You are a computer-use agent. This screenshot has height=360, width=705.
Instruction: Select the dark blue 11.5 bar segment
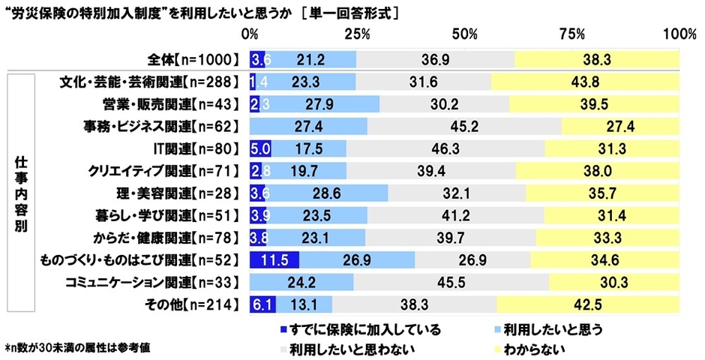click(x=274, y=260)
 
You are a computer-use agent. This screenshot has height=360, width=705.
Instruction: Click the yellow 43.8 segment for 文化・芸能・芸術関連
click(x=586, y=82)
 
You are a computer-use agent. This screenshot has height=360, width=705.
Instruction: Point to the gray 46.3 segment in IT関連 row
click(x=445, y=148)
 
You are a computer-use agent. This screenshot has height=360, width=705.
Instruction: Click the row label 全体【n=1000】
click(x=193, y=59)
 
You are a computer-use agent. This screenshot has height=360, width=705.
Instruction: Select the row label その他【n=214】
click(x=194, y=304)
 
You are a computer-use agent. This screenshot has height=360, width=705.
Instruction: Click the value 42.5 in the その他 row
click(x=588, y=304)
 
